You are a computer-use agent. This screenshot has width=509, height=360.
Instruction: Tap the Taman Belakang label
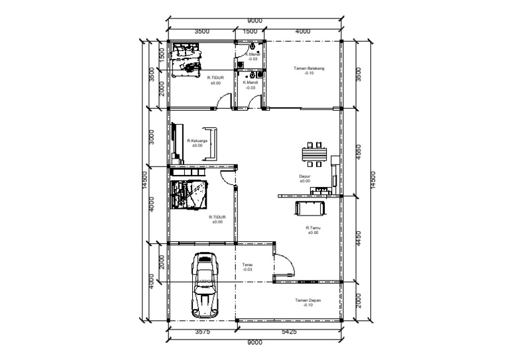(308, 70)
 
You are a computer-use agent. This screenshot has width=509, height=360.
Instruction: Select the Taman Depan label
(308, 302)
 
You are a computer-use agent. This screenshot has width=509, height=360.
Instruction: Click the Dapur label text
(304, 178)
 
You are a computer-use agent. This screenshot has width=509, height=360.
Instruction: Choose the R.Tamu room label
(313, 229)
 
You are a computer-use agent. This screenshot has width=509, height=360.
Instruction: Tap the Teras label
(247, 267)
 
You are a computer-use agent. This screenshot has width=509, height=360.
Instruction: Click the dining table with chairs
(313, 154)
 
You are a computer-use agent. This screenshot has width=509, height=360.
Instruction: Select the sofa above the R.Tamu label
(310, 208)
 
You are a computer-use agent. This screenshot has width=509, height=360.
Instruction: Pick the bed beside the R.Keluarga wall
(189, 194)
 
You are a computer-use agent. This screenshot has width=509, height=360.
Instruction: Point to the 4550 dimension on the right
(359, 151)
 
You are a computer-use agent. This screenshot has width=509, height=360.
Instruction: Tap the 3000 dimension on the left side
(152, 137)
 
